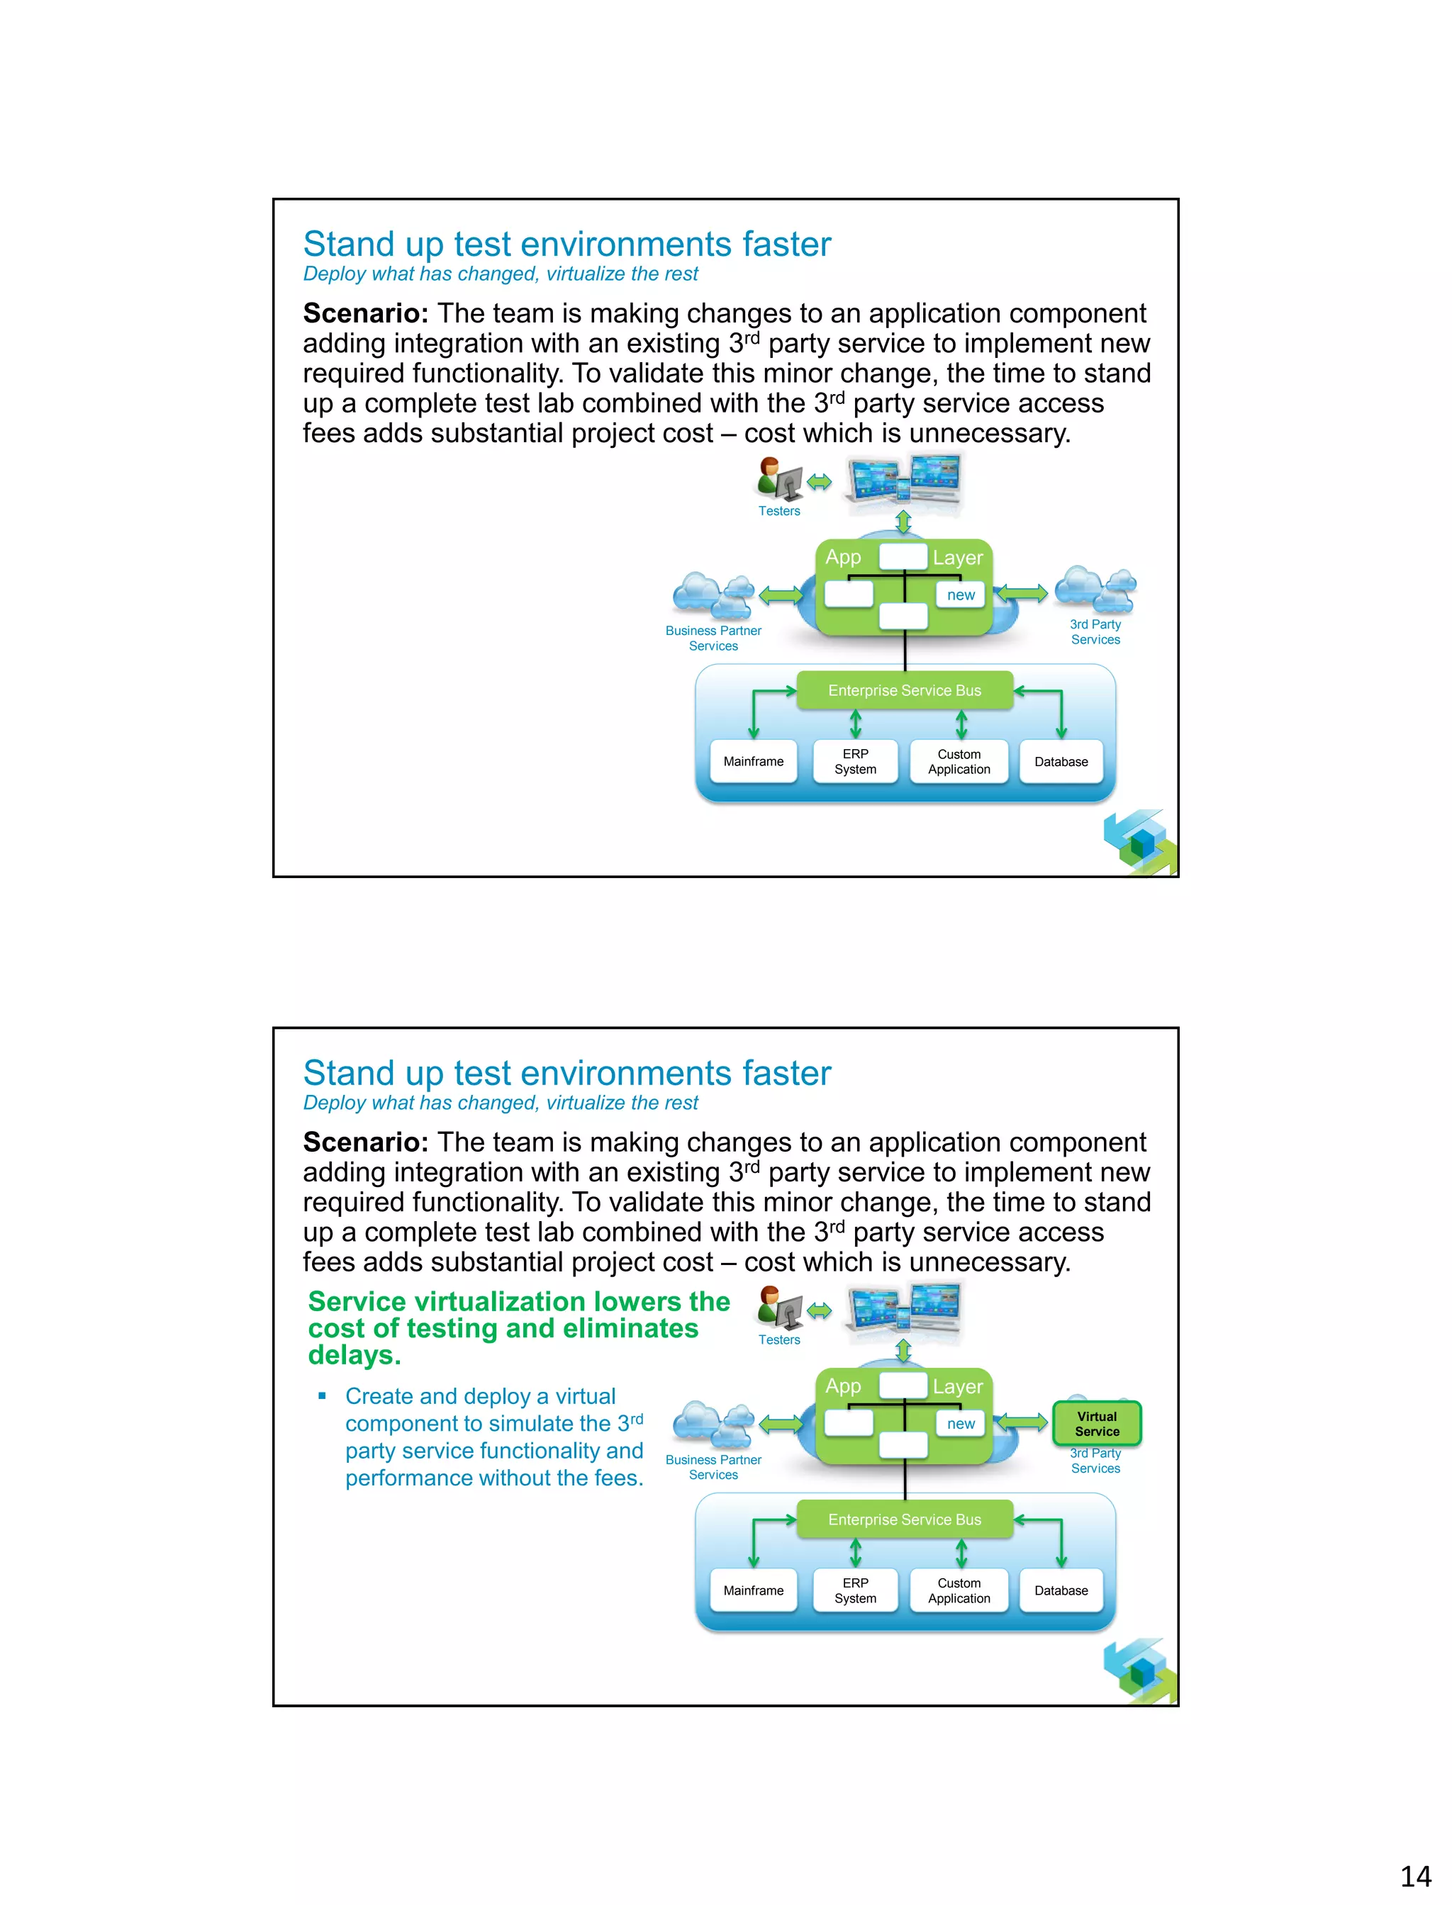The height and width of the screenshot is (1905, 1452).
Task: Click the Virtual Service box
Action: [1097, 1423]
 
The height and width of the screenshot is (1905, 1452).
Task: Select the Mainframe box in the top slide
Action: [753, 761]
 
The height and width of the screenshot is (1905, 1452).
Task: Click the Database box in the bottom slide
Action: [1061, 1590]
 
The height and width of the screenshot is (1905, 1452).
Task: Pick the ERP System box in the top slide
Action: [855, 761]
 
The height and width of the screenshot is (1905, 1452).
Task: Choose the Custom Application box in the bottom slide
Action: [959, 1590]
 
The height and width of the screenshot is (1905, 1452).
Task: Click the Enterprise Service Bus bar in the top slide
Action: [904, 690]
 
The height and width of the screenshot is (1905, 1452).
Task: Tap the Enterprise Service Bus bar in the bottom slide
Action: [904, 1519]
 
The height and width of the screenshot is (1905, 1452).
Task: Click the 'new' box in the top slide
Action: [960, 595]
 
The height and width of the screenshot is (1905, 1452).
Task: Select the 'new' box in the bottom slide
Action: [960, 1424]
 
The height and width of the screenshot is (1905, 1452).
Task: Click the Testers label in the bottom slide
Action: [778, 1340]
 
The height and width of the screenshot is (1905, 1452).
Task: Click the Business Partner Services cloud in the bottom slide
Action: [713, 1424]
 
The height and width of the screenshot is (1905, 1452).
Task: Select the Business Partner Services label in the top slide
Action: [713, 639]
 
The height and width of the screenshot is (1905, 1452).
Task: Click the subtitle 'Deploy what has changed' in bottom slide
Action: [501, 1103]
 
